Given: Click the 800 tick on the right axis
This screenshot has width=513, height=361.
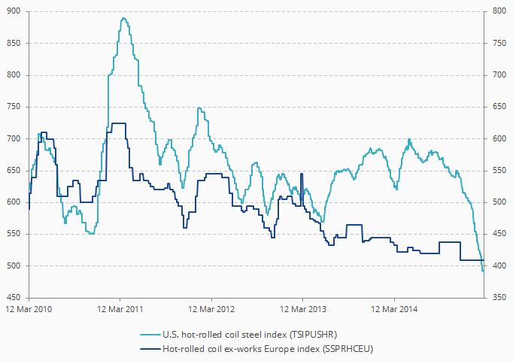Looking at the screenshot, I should pyautogui.click(x=496, y=12).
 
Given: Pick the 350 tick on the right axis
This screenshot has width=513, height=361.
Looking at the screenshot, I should pyautogui.click(x=496, y=298).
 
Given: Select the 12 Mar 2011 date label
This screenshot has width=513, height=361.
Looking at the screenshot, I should pyautogui.click(x=120, y=309).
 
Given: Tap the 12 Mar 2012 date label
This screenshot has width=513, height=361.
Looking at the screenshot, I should pyautogui.click(x=211, y=309).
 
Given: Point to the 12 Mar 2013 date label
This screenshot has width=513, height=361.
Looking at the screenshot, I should pyautogui.click(x=303, y=309).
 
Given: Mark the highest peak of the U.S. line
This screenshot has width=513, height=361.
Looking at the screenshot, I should pyautogui.click(x=123, y=18).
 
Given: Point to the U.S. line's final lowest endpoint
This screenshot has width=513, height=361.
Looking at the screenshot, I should pyautogui.click(x=483, y=271).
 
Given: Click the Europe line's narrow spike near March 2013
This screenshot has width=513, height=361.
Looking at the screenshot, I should pyautogui.click(x=302, y=174).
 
